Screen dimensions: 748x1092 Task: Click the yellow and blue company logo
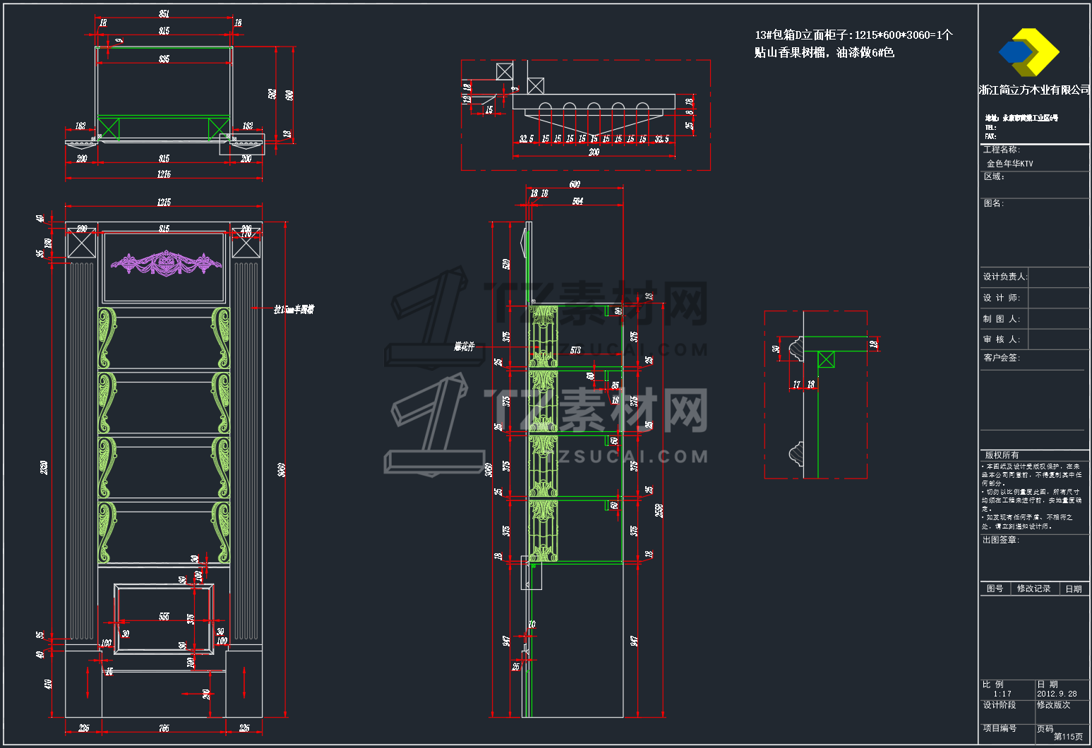pos(1028,52)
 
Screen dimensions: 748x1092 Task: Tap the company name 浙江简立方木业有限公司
pos(1034,90)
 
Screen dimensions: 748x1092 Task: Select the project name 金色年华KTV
pos(1009,164)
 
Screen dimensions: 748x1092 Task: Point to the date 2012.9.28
pos(1057,694)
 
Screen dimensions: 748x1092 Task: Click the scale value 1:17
pos(1002,694)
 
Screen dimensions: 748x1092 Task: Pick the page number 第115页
pos(1068,736)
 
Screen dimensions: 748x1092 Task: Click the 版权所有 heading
pos(1002,455)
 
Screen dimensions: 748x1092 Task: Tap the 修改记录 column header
pos(1033,589)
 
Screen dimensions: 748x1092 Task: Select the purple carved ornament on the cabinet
pos(166,264)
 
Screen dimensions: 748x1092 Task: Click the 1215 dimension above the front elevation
pos(164,203)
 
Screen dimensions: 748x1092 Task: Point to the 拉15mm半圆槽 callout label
pos(294,309)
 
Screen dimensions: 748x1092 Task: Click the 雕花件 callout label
pos(464,346)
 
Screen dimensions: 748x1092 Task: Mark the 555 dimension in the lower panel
pos(164,617)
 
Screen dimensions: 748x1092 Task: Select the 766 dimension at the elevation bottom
pos(164,728)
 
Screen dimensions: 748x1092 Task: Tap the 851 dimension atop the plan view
pos(164,14)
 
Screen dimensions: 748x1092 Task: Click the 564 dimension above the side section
pos(577,202)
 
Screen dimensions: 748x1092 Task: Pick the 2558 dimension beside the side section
pos(659,510)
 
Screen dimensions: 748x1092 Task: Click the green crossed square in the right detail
pos(826,360)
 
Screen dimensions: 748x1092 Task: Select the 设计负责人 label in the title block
pos(1005,277)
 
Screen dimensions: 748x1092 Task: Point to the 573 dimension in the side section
pos(575,350)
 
